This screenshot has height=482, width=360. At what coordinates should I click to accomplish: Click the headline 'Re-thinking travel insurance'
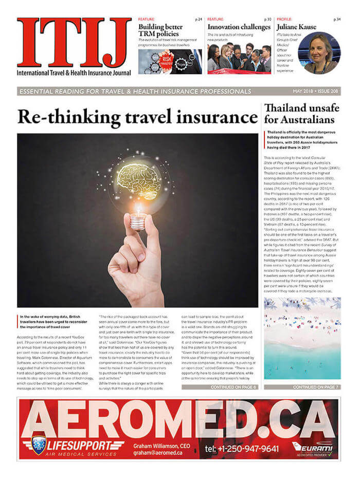tap(136, 117)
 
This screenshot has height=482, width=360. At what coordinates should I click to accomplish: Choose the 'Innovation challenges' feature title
tap(239, 27)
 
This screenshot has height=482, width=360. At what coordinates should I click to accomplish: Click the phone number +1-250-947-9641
tap(242, 449)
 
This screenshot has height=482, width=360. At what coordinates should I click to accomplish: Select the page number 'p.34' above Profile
tap(337, 19)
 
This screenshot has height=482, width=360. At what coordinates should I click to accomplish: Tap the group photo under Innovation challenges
tap(239, 59)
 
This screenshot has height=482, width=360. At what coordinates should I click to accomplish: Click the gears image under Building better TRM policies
tap(170, 62)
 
